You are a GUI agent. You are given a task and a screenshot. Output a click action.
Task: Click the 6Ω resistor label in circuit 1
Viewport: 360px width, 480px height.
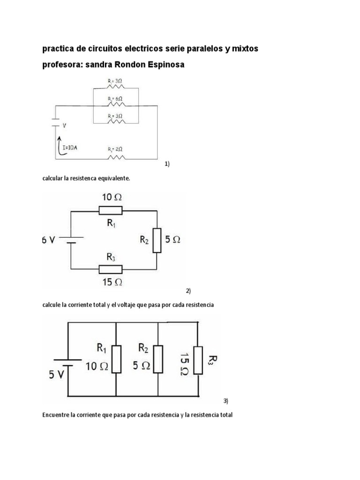coord(115,99)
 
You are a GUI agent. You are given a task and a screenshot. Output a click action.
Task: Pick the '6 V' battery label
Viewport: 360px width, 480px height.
coord(49,240)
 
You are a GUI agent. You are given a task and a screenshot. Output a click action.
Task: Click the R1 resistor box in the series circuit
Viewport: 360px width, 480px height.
coord(111,210)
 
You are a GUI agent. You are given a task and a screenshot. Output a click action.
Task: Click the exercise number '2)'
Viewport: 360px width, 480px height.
coord(188,291)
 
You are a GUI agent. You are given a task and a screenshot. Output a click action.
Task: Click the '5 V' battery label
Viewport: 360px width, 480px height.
coord(58,375)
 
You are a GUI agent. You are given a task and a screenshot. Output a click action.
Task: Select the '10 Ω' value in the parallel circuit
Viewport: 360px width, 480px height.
coord(97,367)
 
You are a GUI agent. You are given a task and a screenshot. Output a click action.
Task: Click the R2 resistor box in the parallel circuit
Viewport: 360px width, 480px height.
coord(158,360)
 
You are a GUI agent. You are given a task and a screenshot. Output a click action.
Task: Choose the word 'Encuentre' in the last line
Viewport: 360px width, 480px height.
coord(57,415)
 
